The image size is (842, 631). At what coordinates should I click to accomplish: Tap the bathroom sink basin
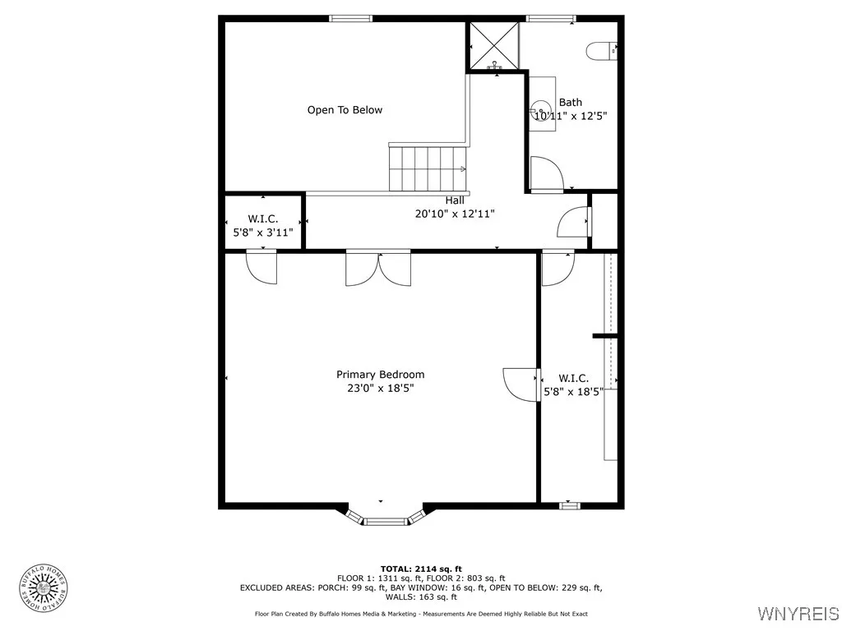[540, 108]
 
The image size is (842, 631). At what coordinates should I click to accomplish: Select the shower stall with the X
[493, 45]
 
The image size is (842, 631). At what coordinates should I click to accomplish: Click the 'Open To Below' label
[345, 110]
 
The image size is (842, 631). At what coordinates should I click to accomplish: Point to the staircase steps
[428, 168]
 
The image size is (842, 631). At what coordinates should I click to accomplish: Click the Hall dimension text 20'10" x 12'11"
[455, 214]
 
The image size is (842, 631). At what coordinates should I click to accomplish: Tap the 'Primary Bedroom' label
[380, 375]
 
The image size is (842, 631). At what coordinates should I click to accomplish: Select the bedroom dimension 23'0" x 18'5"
[380, 389]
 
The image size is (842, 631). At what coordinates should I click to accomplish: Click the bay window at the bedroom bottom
[385, 518]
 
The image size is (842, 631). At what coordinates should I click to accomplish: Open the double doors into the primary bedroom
[377, 268]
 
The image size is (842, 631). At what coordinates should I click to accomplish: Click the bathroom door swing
[544, 173]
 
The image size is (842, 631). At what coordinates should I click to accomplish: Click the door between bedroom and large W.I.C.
[520, 384]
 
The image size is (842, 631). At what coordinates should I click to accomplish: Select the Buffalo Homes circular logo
[43, 587]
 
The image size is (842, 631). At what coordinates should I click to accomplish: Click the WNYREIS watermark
[798, 614]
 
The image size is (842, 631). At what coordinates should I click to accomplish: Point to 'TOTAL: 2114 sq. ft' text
[421, 569]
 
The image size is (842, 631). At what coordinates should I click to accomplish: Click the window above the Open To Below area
[351, 18]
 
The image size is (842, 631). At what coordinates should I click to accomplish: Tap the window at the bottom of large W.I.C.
[570, 505]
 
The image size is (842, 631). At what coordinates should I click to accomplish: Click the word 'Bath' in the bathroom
[570, 103]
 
